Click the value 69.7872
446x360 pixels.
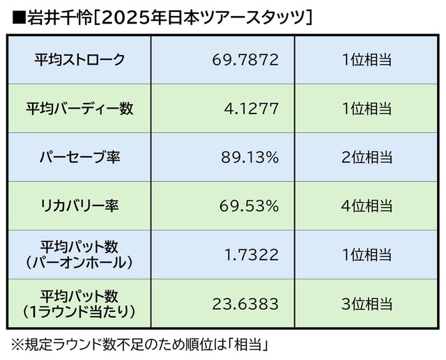click(245, 60)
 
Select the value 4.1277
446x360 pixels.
click(252, 109)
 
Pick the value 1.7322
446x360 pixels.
click(252, 255)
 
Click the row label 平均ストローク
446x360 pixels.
click(79, 60)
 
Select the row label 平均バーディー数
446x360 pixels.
click(79, 109)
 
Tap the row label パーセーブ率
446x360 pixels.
click(79, 157)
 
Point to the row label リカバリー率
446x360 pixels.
click(79, 206)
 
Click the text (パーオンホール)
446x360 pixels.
click(79, 263)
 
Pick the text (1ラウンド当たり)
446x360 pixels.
click(79, 311)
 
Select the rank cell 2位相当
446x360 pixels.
click(366, 157)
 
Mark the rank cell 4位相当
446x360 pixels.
click(366, 206)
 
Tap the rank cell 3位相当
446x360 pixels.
click(366, 304)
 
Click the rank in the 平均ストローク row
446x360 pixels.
click(366, 60)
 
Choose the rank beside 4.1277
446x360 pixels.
click(366, 109)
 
